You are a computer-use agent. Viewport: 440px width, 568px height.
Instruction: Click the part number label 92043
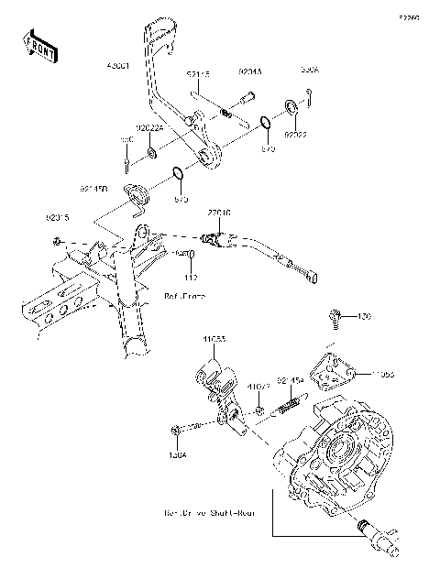tap(250, 70)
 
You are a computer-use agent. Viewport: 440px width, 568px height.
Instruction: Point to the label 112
tap(191, 277)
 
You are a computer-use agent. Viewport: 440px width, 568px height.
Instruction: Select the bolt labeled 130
tap(335, 319)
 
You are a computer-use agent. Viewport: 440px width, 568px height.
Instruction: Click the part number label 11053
tap(214, 339)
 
